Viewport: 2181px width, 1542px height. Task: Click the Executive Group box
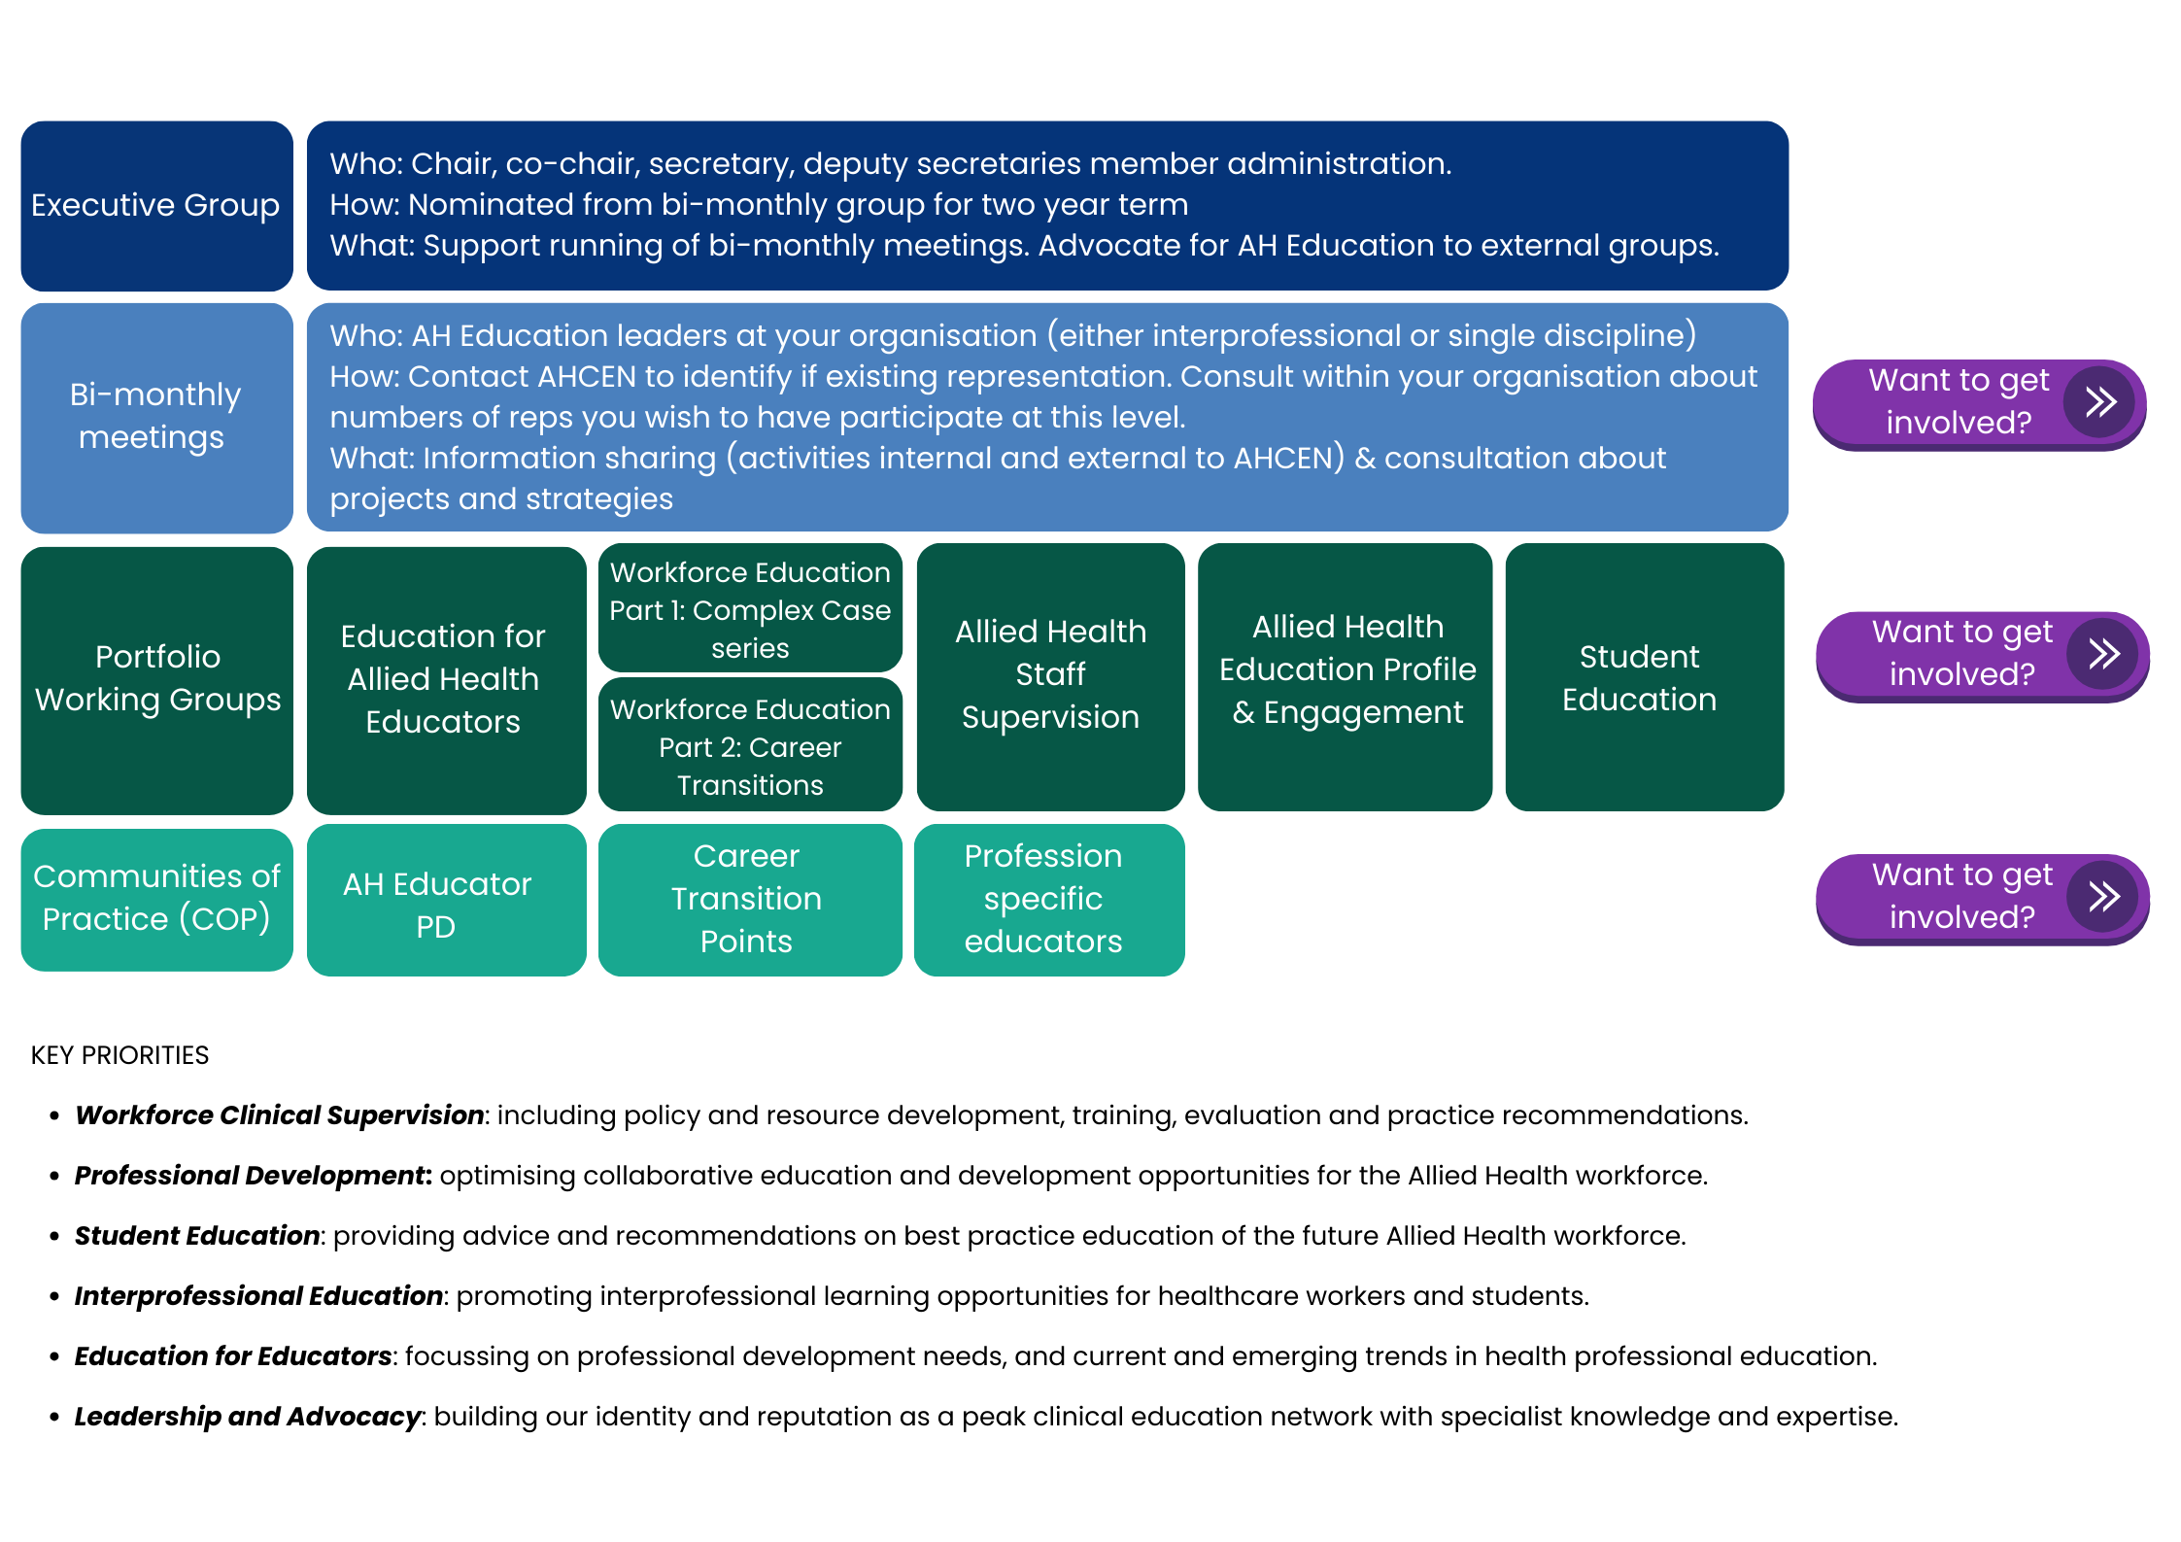click(156, 206)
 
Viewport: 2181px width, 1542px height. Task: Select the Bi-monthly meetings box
click(156, 418)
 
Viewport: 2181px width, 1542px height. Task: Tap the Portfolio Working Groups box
click(156, 679)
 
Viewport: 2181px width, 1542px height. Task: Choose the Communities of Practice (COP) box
click(156, 899)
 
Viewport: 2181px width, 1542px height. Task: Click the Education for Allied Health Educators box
click(446, 679)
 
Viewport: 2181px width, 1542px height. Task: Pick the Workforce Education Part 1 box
click(750, 609)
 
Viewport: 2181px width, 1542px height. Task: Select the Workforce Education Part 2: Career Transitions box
click(750, 746)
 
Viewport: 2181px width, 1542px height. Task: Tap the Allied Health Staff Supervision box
click(1050, 676)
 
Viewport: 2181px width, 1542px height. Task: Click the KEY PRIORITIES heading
click(119, 1055)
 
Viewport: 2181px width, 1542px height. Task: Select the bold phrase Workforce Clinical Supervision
click(279, 1115)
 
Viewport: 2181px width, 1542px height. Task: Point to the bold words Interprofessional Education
click(258, 1296)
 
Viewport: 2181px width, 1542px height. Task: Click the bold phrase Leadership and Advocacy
click(248, 1417)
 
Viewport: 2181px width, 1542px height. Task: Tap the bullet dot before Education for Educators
click(54, 1356)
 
